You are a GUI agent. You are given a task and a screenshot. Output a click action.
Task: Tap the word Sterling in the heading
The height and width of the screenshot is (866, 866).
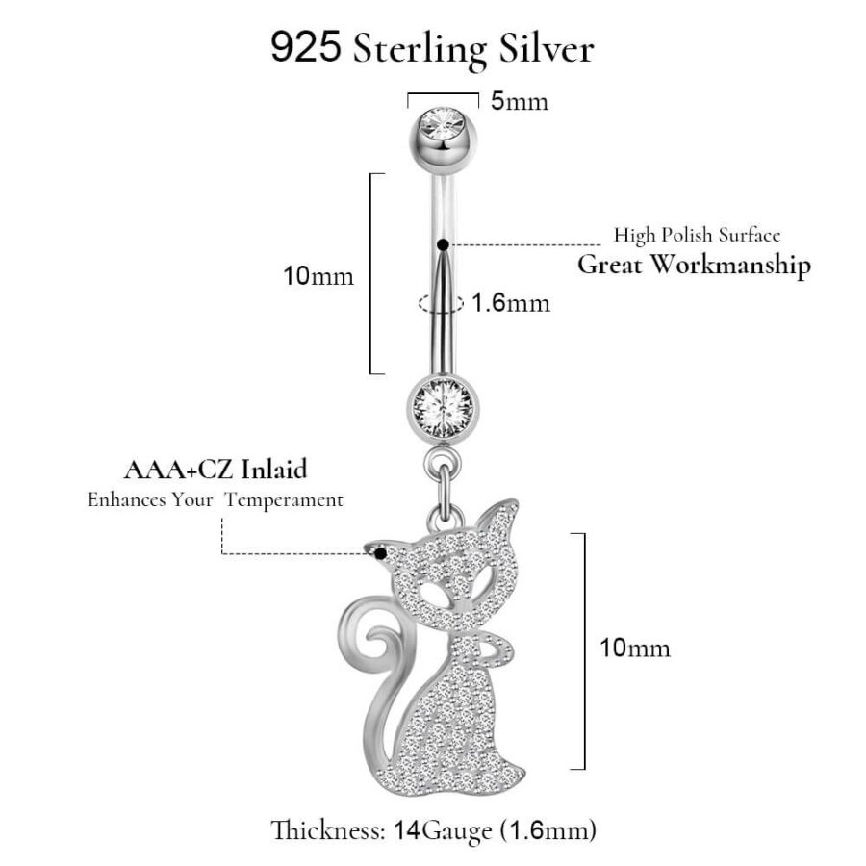coord(420,50)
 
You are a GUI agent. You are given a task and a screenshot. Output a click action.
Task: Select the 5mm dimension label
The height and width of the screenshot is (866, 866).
coord(520,102)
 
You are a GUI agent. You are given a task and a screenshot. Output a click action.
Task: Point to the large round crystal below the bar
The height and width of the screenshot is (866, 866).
coord(443,408)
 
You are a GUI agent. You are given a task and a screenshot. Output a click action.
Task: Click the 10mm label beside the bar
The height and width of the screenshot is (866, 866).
coord(318,276)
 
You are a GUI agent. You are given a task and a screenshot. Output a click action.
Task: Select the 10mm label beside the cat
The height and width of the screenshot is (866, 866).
coord(635,648)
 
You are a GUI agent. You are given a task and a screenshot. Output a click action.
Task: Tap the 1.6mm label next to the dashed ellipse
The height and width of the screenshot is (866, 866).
coord(511,303)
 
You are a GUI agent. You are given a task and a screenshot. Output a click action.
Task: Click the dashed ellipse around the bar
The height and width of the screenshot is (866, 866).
coord(441,303)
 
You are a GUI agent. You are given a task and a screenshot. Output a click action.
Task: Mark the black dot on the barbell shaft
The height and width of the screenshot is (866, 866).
coord(443,244)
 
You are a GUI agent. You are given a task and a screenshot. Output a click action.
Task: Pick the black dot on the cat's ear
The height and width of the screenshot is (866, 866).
coord(380,553)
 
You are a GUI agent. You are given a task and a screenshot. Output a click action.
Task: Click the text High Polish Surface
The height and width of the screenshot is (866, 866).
coord(697,236)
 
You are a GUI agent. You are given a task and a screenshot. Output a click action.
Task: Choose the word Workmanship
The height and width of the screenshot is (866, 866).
coord(729,266)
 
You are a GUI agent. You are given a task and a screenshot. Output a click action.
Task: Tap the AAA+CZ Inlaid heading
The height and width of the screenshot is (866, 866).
coord(216,470)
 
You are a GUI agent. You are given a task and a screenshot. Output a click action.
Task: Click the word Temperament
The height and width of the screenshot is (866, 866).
coord(284,500)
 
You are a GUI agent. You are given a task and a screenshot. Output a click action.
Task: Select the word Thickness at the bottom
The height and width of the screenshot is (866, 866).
coord(327,829)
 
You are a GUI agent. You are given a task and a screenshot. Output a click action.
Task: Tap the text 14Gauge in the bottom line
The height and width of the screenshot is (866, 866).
coord(442,831)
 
